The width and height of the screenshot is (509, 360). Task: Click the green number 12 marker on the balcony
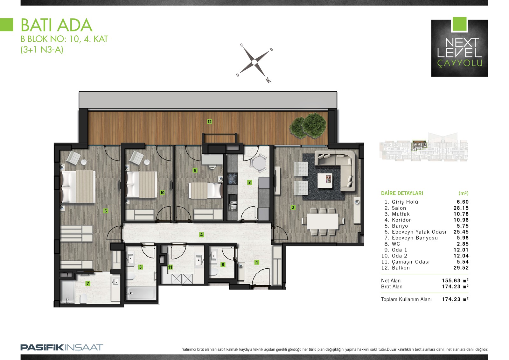coord(210,122)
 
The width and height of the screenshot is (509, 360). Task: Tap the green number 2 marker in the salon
coord(293,208)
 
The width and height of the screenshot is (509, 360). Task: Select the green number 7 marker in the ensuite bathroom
coord(88,283)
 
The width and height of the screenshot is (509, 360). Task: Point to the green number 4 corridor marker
coord(201,235)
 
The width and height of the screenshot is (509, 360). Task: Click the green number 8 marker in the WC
coord(223,265)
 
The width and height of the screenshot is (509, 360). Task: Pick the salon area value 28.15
coord(461,208)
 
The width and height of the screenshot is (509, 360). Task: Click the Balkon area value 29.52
coord(461,268)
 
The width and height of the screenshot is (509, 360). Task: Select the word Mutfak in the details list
coord(401,214)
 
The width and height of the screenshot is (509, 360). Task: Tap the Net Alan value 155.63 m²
coord(455,280)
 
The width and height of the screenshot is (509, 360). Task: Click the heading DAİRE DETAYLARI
coord(402,193)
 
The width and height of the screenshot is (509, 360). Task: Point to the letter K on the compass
coord(268,80)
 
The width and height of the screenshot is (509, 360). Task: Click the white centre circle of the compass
coord(254,62)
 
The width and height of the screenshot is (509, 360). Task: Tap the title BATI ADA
coord(57,25)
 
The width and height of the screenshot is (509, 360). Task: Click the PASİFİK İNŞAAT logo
coord(62,348)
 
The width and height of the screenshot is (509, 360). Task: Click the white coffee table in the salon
coord(325,181)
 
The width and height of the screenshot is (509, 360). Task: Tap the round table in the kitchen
coord(259,163)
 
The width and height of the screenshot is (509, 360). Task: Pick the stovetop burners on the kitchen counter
coord(232,179)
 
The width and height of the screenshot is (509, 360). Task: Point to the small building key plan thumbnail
coord(424,147)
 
